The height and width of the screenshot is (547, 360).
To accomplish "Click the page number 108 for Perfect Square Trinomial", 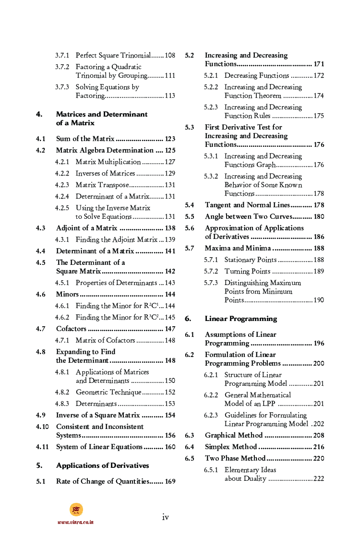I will tap(170, 56).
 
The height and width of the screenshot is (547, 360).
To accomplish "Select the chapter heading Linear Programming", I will tap(241, 319).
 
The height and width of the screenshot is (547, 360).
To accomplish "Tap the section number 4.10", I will tap(42, 427).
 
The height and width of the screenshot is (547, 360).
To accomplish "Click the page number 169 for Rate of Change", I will tap(170, 482).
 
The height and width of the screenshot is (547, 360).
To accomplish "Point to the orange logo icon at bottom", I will tap(76, 510).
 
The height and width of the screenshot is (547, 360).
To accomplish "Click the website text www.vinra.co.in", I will tap(75, 522).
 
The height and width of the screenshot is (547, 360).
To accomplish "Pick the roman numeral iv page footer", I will tap(166, 517).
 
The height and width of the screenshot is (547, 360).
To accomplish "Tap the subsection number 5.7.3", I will tap(211, 283).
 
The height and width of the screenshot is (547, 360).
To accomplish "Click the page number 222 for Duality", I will tap(318, 479).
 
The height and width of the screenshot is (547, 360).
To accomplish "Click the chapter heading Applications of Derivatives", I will tap(102, 466).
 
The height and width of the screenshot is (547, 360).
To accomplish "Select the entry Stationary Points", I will tap(251, 260).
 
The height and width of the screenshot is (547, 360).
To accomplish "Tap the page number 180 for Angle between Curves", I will tap(319, 217).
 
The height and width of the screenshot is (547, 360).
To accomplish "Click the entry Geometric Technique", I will tap(108, 392).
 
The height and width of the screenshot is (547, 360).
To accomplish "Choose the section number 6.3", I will tap(190, 436).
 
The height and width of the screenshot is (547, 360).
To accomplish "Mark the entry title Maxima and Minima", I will tap(238, 249).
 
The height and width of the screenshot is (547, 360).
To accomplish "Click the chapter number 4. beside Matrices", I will tap(39, 114).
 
